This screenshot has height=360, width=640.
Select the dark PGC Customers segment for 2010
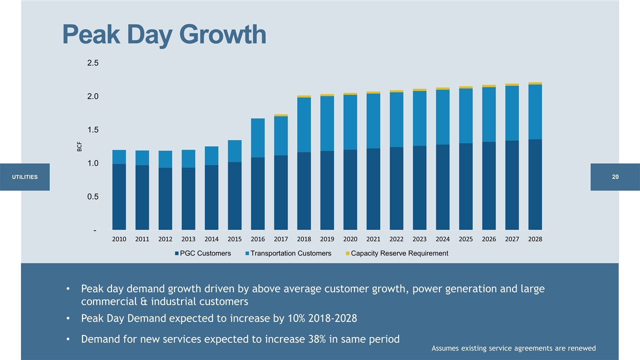(119, 196)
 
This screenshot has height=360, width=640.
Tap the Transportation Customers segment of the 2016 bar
(258, 138)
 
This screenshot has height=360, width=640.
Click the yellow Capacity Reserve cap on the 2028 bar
(535, 83)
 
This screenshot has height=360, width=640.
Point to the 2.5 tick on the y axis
(93, 63)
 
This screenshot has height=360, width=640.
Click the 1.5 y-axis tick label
(93, 130)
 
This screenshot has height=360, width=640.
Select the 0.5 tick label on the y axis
(93, 197)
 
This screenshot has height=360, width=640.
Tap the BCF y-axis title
(79, 146)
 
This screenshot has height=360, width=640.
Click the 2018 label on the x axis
(304, 239)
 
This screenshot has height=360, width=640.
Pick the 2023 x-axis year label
(419, 239)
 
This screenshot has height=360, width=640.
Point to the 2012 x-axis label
(165, 239)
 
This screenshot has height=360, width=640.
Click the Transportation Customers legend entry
(290, 253)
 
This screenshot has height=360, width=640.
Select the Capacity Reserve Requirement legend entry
(399, 253)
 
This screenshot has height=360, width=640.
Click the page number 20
(615, 177)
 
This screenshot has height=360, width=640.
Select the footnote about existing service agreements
(513, 348)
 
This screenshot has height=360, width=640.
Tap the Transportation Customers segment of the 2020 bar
(350, 122)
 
